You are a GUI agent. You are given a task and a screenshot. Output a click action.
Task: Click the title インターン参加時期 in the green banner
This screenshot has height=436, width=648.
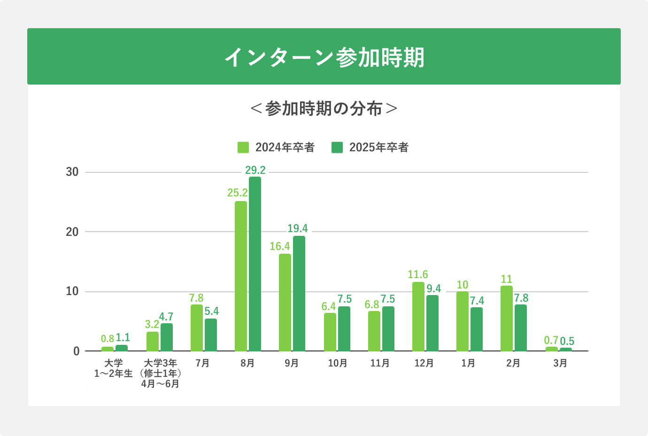coord(324,57)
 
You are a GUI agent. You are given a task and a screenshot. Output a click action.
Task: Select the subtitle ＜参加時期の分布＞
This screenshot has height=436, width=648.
coord(324,109)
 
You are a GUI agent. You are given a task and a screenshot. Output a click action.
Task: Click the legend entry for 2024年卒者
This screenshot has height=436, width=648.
coord(276,148)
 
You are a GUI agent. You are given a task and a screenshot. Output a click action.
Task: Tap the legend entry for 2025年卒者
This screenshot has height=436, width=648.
coord(370,148)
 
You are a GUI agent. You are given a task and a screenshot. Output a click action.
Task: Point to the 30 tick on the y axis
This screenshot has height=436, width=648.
coord(72,172)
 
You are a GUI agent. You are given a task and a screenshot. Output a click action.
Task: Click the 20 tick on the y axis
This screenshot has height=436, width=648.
coord(72,232)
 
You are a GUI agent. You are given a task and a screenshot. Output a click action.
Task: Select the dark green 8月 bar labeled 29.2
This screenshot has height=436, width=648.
coord(255,264)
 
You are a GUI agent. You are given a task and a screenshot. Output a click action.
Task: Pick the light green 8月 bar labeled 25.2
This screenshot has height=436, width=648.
coord(241,276)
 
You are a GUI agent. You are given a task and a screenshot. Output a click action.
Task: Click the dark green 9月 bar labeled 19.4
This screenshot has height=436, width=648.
coord(299,294)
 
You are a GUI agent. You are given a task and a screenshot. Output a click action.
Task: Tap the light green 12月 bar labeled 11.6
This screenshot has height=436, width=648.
coord(418,317)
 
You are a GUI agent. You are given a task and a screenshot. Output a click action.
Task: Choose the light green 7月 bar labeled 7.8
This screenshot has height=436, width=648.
coord(197,328)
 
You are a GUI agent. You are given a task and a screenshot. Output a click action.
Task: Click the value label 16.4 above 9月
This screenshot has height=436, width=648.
coord(280,246)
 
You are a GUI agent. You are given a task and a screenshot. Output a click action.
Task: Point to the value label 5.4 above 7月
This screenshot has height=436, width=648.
coord(212,311)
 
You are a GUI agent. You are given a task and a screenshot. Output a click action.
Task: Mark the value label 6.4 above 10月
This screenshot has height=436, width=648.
coord(329,306)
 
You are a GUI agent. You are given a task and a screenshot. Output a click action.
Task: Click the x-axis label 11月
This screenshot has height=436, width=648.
coord(380,363)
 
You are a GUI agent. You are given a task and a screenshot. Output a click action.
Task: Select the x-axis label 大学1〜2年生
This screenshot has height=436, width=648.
coord(113,368)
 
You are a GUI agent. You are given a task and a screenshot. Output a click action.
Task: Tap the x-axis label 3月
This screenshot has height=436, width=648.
coord(560,363)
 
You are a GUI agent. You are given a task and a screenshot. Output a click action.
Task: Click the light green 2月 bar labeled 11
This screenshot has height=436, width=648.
coord(507,319)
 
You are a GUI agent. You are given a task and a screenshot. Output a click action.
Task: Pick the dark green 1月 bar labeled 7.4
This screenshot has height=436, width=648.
coord(477,329)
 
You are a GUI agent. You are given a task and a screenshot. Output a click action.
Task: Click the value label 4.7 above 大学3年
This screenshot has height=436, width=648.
coord(166,317)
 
